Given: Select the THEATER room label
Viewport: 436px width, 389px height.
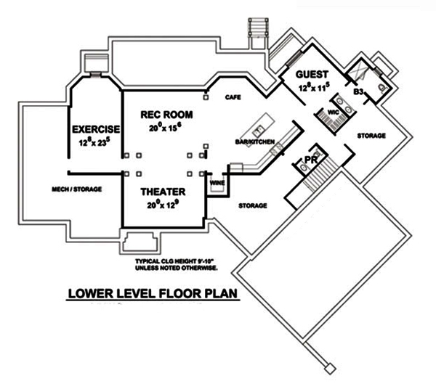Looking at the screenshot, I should [x=162, y=192].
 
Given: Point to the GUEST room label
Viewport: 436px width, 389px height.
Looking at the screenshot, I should [x=313, y=75].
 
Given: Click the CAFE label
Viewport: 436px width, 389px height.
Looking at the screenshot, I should [x=233, y=97].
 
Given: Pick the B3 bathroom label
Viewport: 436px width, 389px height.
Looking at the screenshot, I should [x=358, y=91].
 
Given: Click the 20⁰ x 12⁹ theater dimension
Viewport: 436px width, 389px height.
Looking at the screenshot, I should [x=162, y=205].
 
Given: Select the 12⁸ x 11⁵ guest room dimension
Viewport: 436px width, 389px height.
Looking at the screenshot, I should [x=314, y=87].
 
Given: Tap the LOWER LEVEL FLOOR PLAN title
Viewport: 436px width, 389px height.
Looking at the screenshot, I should [x=153, y=295].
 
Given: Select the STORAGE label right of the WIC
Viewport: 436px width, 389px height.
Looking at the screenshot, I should [x=370, y=136].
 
